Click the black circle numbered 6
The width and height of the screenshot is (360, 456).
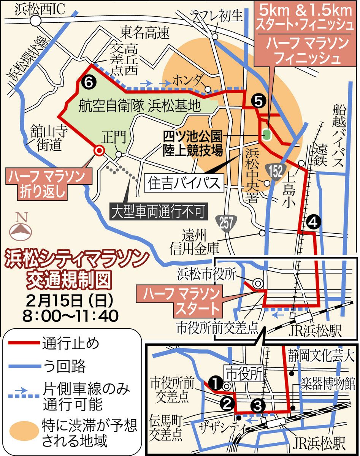(x=86, y=81)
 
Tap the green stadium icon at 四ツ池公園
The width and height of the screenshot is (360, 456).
(x=267, y=134)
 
